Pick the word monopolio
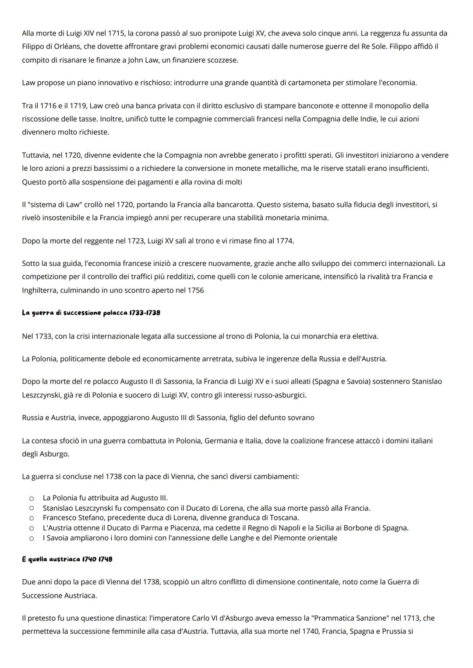pyautogui.click(x=392, y=106)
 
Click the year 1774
pyautogui.click(x=285, y=241)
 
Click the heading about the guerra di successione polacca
pyautogui.click(x=91, y=313)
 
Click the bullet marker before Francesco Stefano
pyautogui.click(x=32, y=518)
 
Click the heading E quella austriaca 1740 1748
pyautogui.click(x=67, y=559)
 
